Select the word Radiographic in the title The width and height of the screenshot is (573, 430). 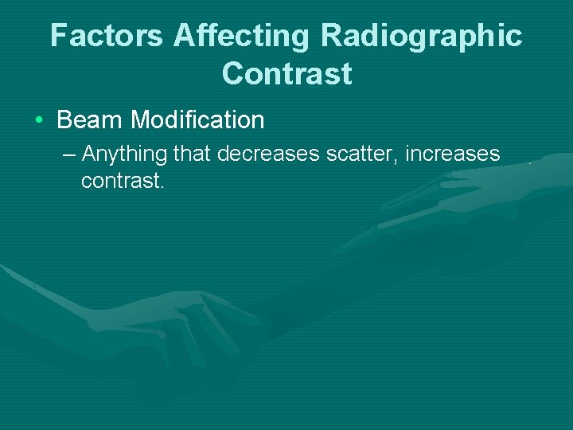click(422, 36)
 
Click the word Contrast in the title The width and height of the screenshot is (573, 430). click(287, 73)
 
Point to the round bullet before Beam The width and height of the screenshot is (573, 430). click(40, 121)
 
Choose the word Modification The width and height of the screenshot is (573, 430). click(197, 120)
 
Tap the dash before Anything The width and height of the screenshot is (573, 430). click(69, 153)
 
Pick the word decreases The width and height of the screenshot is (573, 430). click(268, 153)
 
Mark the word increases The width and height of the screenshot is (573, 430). click(453, 153)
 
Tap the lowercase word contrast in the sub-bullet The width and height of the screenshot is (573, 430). click(120, 181)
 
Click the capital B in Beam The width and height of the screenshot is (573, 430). click(65, 120)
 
